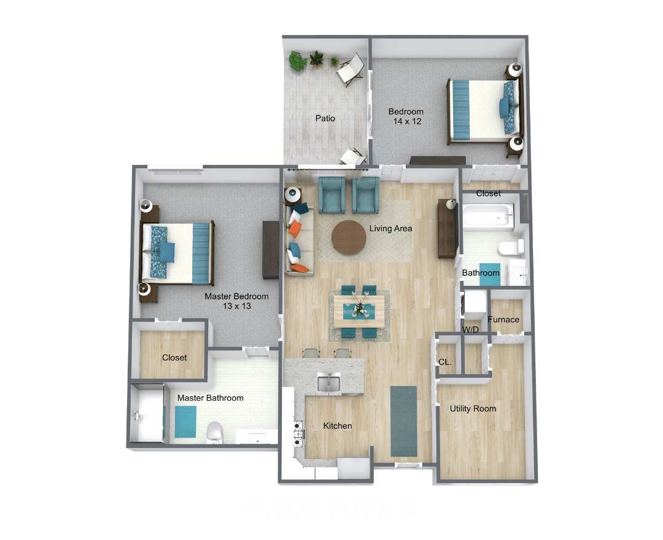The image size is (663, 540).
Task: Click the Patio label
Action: coord(325,118)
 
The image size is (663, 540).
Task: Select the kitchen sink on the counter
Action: coord(330,384)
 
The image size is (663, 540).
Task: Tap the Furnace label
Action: coord(503,319)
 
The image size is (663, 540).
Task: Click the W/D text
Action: coord(471,330)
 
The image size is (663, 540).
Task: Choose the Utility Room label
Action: coord(473,409)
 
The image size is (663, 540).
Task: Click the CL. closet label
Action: coord(445,362)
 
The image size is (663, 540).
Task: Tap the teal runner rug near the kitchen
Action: coord(403,420)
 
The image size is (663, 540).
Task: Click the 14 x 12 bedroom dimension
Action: coord(406,121)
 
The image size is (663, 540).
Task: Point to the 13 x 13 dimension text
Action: coord(236,306)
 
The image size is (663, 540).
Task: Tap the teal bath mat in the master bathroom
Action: coord(185,420)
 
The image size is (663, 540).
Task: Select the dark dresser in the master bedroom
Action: coord(271,250)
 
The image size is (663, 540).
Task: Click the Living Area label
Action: coord(390,228)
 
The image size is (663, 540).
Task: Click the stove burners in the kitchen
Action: coord(300,432)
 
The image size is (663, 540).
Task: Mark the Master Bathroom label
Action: coord(210,398)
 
